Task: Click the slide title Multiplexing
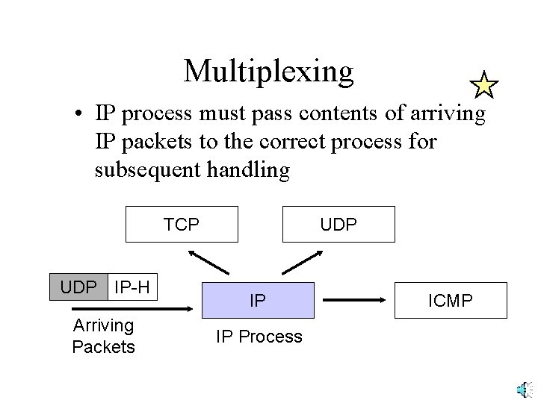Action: (268, 71)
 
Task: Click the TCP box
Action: (182, 224)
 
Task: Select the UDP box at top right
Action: (338, 224)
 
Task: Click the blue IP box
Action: (258, 301)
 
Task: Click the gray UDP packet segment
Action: (78, 286)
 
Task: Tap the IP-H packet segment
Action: (133, 286)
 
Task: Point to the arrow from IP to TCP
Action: (210, 262)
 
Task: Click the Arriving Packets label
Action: (103, 336)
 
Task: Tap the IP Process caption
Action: (259, 337)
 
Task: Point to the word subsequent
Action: (147, 169)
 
